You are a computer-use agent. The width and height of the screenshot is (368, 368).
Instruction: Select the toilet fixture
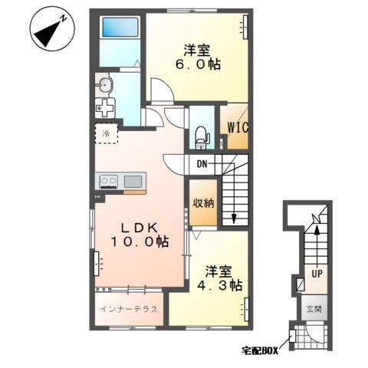201,136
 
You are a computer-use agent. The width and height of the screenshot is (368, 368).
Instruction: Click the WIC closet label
235,127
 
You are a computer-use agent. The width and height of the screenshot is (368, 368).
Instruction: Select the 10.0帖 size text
138,242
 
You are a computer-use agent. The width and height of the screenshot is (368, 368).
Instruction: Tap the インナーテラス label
129,310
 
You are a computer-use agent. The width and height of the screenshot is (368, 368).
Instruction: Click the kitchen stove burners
107,182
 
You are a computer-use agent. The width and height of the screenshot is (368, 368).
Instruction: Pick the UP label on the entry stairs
315,272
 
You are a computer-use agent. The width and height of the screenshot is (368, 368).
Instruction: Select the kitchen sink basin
133,182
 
